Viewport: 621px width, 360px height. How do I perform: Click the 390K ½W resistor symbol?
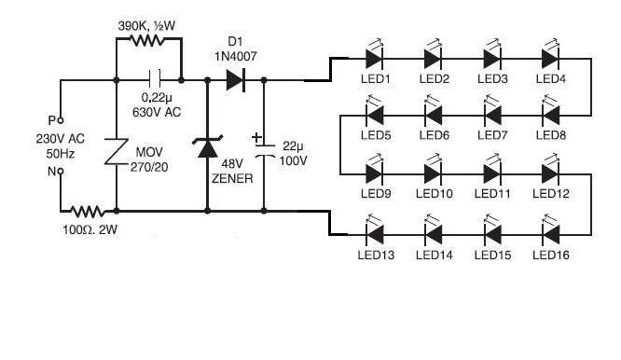[x=145, y=40]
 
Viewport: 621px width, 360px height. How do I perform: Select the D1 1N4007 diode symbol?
[x=234, y=81]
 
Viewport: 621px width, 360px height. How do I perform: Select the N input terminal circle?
[x=62, y=173]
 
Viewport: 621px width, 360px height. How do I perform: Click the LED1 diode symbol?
[x=375, y=58]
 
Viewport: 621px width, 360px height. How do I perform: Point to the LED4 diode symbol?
[x=550, y=58]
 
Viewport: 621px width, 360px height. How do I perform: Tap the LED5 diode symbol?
[x=375, y=116]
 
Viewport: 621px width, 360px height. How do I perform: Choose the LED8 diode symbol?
[x=550, y=116]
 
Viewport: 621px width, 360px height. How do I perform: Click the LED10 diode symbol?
[x=434, y=173]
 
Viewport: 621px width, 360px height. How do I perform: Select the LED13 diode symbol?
[x=375, y=231]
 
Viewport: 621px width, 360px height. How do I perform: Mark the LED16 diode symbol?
[x=550, y=231]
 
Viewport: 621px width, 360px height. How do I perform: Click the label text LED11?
[x=491, y=193]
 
